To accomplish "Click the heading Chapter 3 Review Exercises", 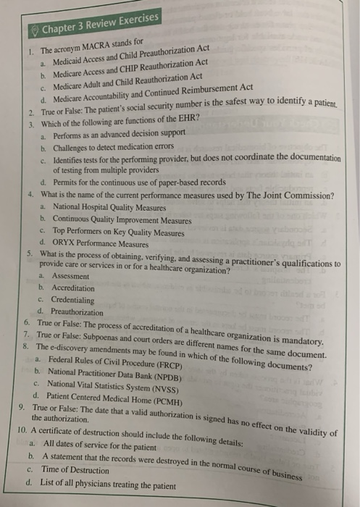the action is click(93, 22).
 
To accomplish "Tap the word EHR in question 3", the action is click(191, 122).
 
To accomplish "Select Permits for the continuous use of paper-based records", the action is click(134, 182).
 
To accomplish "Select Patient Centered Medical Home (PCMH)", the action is click(123, 398).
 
